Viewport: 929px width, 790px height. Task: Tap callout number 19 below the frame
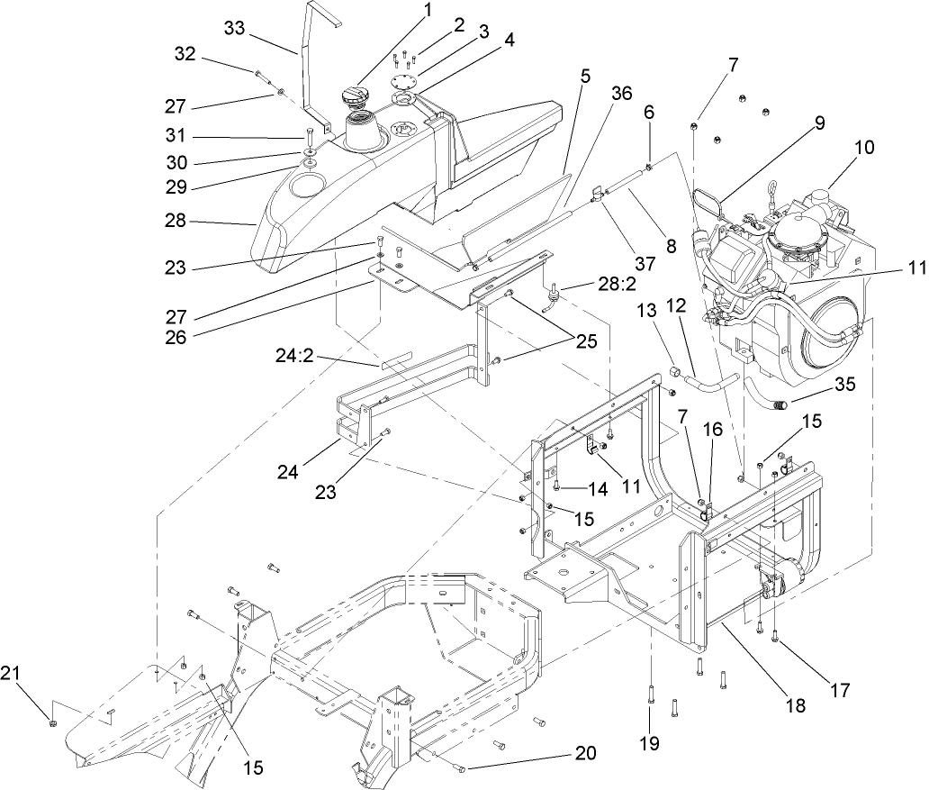click(648, 744)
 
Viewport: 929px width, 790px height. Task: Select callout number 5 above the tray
click(585, 77)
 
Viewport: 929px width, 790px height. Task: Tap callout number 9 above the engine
click(818, 127)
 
